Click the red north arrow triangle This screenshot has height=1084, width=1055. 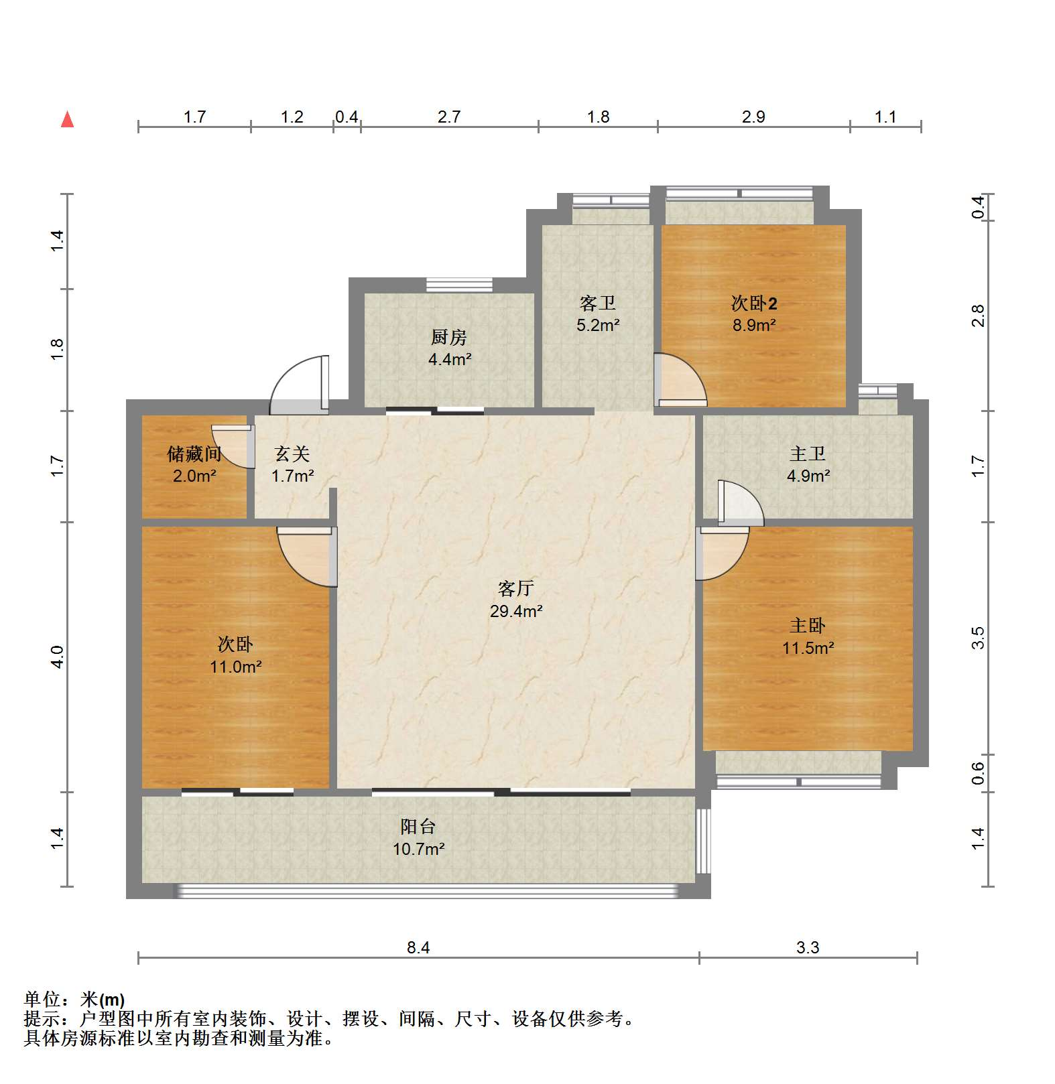(67, 119)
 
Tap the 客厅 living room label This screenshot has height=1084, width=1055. (515, 588)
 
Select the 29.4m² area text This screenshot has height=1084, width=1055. (515, 611)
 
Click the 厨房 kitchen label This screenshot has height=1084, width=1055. (449, 336)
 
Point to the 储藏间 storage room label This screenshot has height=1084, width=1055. (194, 454)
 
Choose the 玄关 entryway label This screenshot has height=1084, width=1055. (292, 454)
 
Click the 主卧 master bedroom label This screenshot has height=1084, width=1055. (807, 625)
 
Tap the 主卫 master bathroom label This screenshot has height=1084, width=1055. (807, 454)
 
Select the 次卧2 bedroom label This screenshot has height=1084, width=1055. (754, 303)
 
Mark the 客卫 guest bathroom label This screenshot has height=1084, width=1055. (597, 303)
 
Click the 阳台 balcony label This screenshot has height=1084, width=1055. (418, 826)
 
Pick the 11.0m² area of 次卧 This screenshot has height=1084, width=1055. (235, 667)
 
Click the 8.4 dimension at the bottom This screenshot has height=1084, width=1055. (418, 947)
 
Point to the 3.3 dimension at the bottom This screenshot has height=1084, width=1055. (808, 947)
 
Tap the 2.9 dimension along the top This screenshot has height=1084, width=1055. (753, 117)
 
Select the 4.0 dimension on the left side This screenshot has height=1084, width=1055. (57, 657)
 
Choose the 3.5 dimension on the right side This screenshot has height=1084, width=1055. (978, 638)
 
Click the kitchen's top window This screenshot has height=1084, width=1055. (459, 285)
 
